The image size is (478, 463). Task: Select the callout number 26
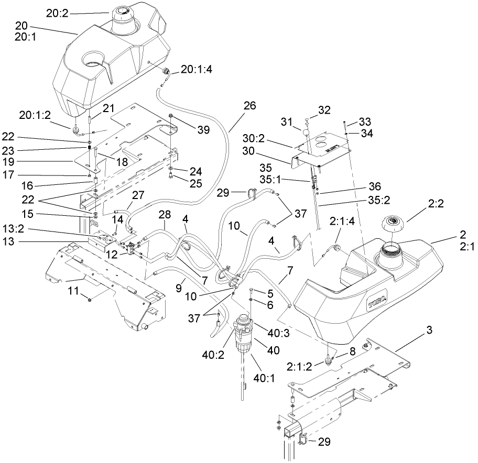tap(249, 105)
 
